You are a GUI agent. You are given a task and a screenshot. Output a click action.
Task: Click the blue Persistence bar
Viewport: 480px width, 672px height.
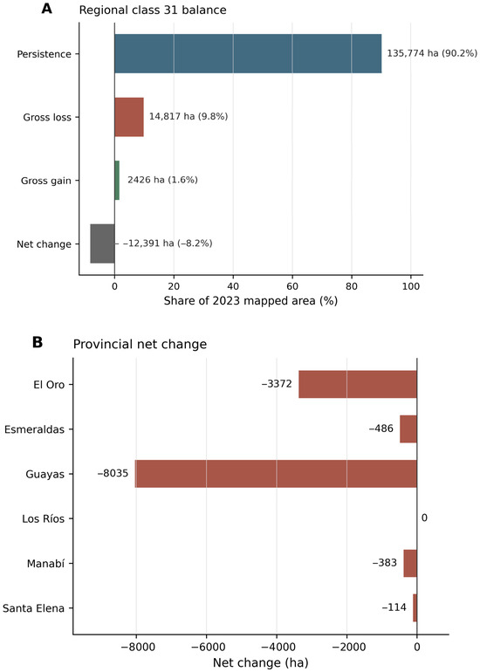pos(248,53)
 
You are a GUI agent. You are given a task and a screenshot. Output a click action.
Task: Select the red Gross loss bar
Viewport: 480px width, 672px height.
pos(129,117)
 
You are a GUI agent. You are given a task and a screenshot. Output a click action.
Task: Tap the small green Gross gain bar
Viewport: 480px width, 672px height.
pos(117,181)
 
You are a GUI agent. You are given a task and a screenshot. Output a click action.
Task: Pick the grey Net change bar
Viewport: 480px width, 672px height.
pos(102,243)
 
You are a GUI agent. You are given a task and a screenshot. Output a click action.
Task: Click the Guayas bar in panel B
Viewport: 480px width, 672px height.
pos(276,474)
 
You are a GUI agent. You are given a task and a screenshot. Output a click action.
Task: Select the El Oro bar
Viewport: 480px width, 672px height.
pos(358,384)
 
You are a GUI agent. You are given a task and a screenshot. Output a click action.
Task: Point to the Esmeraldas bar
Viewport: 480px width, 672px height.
pos(408,429)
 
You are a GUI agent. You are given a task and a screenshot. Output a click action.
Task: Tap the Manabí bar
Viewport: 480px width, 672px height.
pos(410,563)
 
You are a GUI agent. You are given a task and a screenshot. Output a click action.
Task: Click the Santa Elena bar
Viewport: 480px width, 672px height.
pos(415,607)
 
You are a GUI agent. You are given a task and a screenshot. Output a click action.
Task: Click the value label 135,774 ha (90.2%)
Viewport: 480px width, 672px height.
pos(432,53)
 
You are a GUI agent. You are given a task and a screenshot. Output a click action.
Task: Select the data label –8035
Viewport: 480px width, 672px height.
pos(113,474)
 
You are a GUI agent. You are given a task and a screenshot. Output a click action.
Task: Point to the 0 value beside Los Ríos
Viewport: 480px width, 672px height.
pos(424,518)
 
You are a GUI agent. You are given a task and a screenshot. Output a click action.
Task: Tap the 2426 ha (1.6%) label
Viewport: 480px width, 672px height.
pos(162,180)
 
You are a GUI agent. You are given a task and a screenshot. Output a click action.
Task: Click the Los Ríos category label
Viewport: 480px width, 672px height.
pos(44,519)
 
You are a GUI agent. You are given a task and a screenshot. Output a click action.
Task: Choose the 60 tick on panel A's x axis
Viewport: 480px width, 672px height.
pos(292,286)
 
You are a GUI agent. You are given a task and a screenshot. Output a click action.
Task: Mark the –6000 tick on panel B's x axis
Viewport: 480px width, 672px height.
pos(206,647)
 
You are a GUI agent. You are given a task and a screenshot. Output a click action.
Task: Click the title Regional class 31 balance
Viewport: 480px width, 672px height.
pos(153,10)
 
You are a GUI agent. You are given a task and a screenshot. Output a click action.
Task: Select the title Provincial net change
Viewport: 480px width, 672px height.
pos(140,344)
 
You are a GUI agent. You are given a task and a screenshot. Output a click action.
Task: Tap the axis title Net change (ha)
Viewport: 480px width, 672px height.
pos(261,662)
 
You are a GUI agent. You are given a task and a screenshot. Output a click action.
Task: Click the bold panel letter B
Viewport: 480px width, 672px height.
pos(38,343)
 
